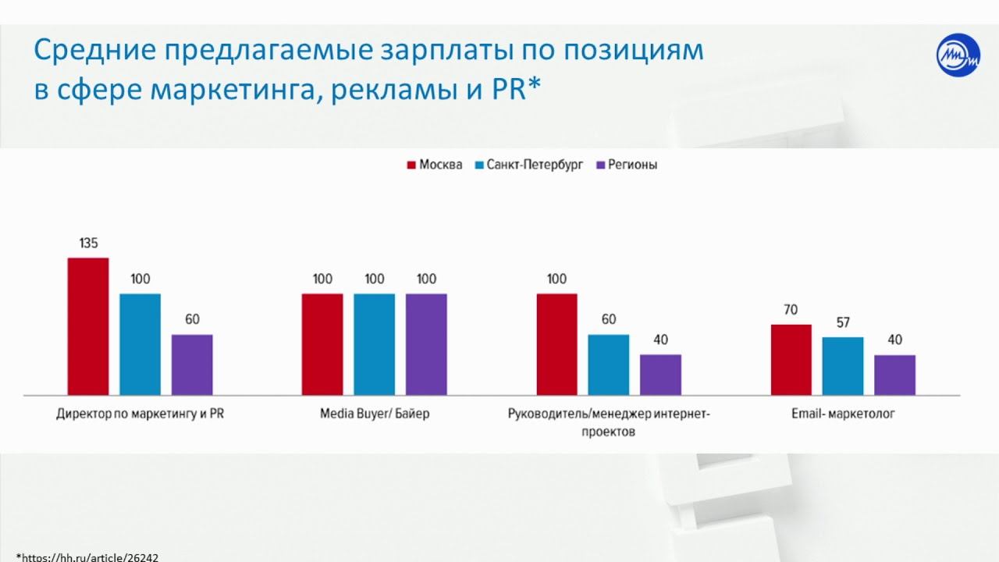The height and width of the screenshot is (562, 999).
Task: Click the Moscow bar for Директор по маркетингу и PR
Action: [x=88, y=326]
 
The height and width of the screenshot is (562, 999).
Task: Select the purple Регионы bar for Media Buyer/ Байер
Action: [x=426, y=344]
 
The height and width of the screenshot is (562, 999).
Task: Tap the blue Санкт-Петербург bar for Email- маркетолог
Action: [x=843, y=366]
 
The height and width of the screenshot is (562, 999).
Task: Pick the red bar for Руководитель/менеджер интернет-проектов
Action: [x=557, y=344]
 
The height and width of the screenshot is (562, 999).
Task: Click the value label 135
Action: [x=88, y=244]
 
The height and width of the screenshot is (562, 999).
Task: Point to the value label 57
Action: [x=842, y=322]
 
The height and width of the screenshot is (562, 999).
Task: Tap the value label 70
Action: [x=791, y=310]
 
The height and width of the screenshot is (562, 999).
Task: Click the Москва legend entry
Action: [x=434, y=165]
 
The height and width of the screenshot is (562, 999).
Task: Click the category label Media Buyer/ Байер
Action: [x=375, y=414]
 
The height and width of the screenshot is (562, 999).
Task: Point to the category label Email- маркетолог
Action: [x=843, y=414]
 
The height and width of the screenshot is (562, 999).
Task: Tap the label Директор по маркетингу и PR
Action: [x=140, y=414]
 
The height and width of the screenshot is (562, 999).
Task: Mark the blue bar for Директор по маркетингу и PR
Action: [x=140, y=344]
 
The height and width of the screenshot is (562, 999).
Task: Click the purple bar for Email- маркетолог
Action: [x=894, y=375]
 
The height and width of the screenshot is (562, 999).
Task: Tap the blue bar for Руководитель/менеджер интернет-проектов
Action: [x=609, y=365]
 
